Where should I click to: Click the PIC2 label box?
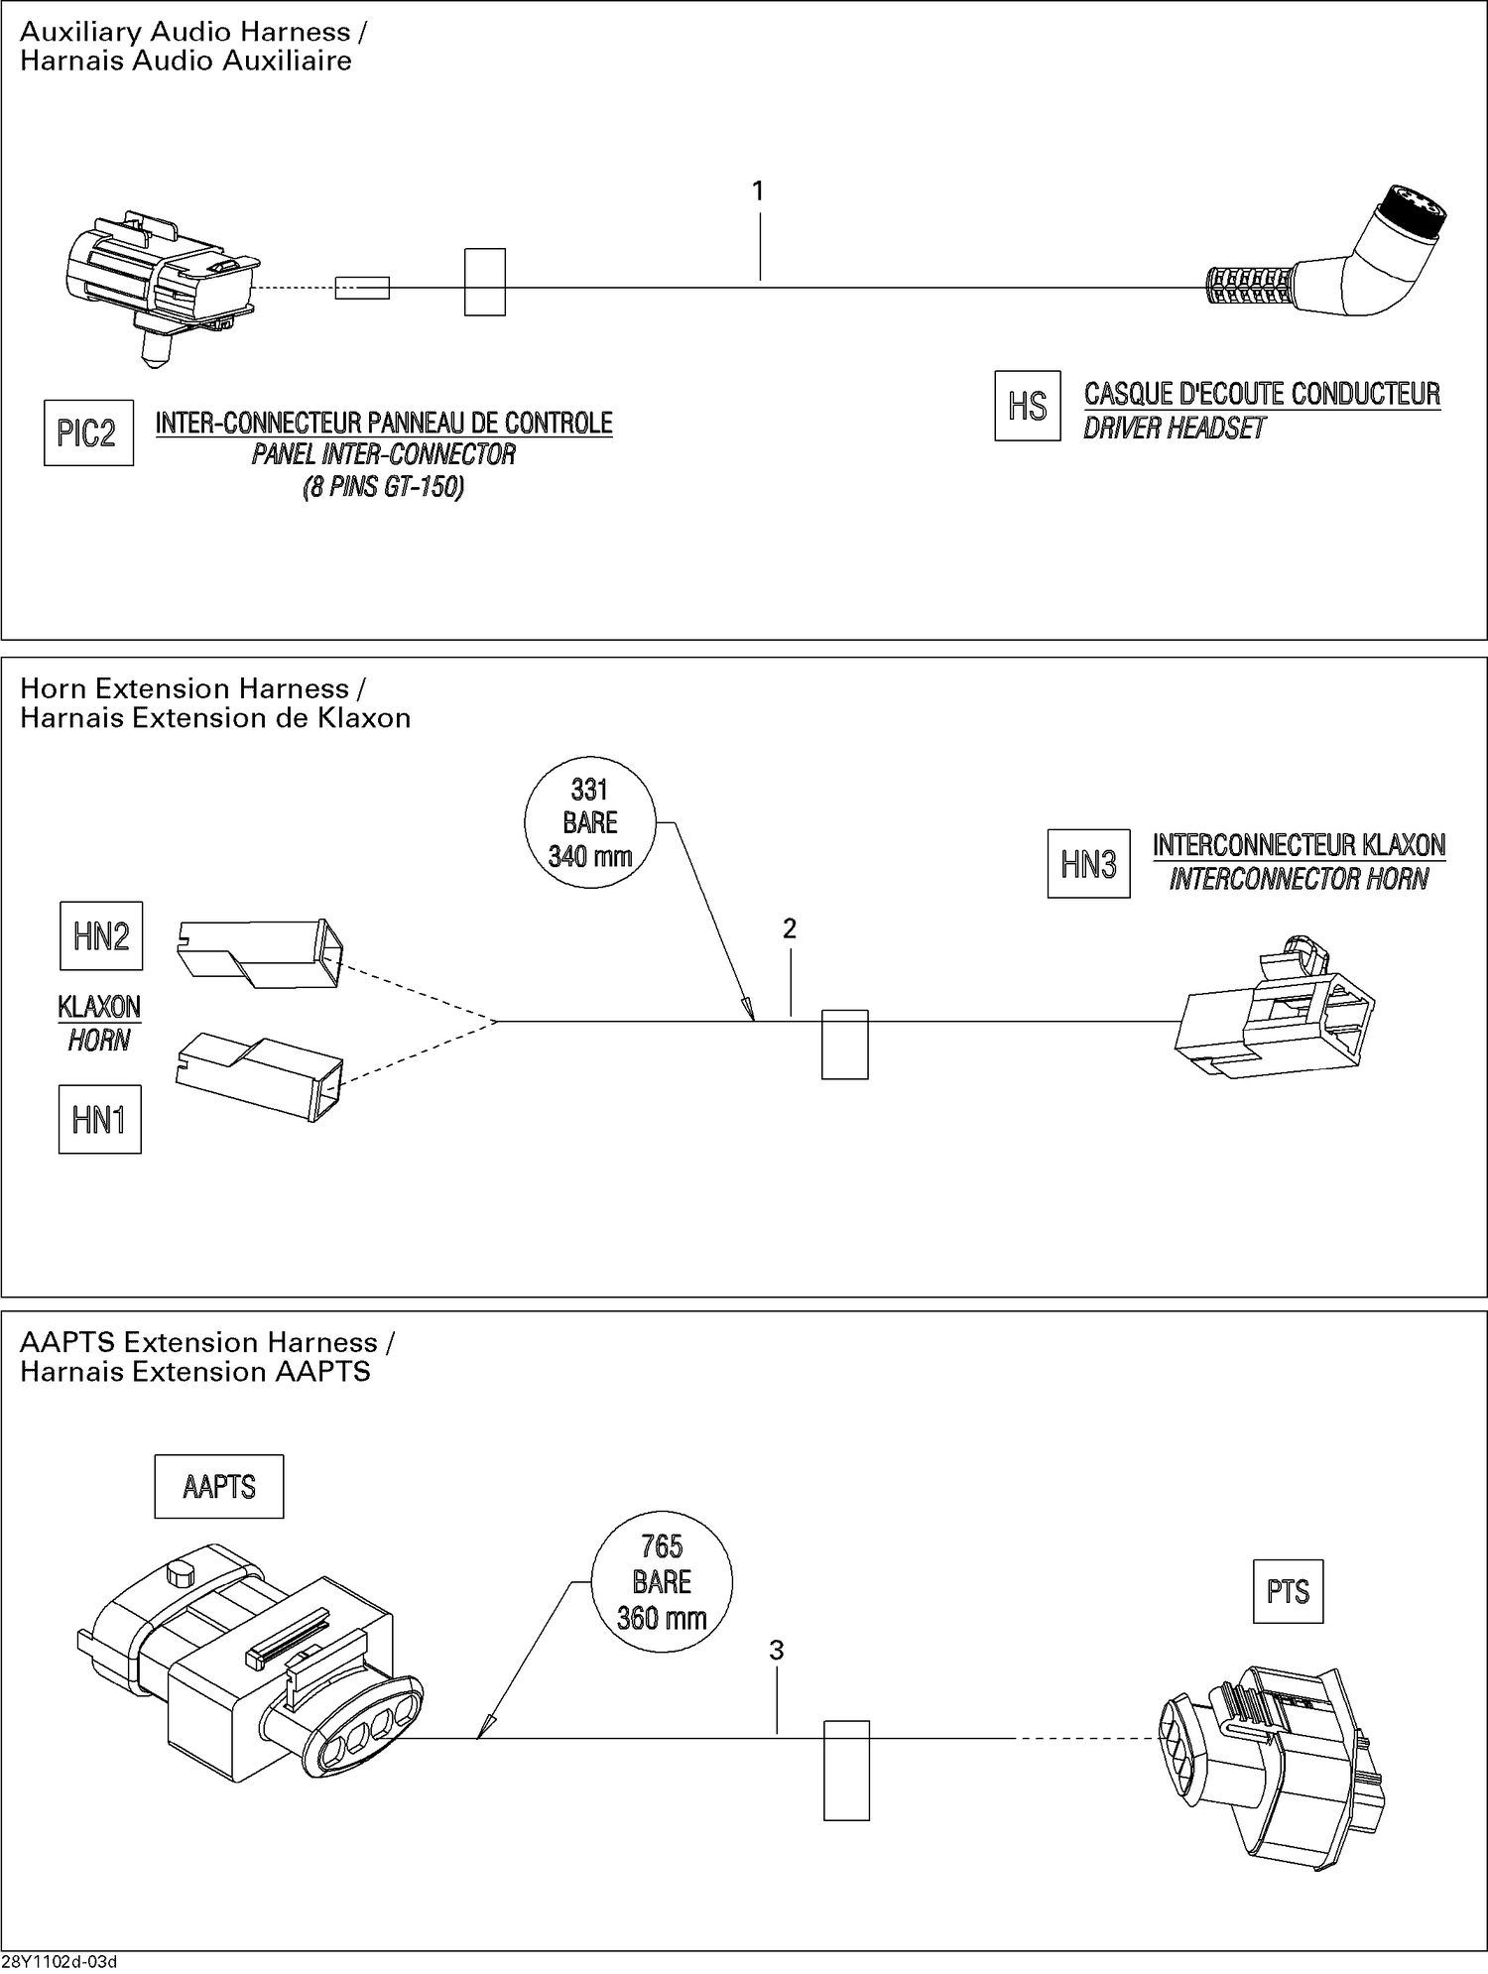(88, 433)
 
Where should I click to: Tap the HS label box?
(1027, 406)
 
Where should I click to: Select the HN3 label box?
(1088, 864)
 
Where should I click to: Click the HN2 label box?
(101, 935)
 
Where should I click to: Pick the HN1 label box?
(99, 1119)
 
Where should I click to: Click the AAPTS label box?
(219, 1486)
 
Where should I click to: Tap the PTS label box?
(1288, 1592)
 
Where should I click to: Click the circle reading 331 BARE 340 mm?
(590, 822)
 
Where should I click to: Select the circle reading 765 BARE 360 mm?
(662, 1582)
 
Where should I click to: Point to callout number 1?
(759, 191)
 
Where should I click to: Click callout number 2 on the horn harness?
(790, 928)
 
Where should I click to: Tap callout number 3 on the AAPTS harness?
(777, 1650)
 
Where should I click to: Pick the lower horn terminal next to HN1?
(260, 1075)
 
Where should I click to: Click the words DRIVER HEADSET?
(1175, 429)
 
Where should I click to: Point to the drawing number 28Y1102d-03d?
(60, 1962)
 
